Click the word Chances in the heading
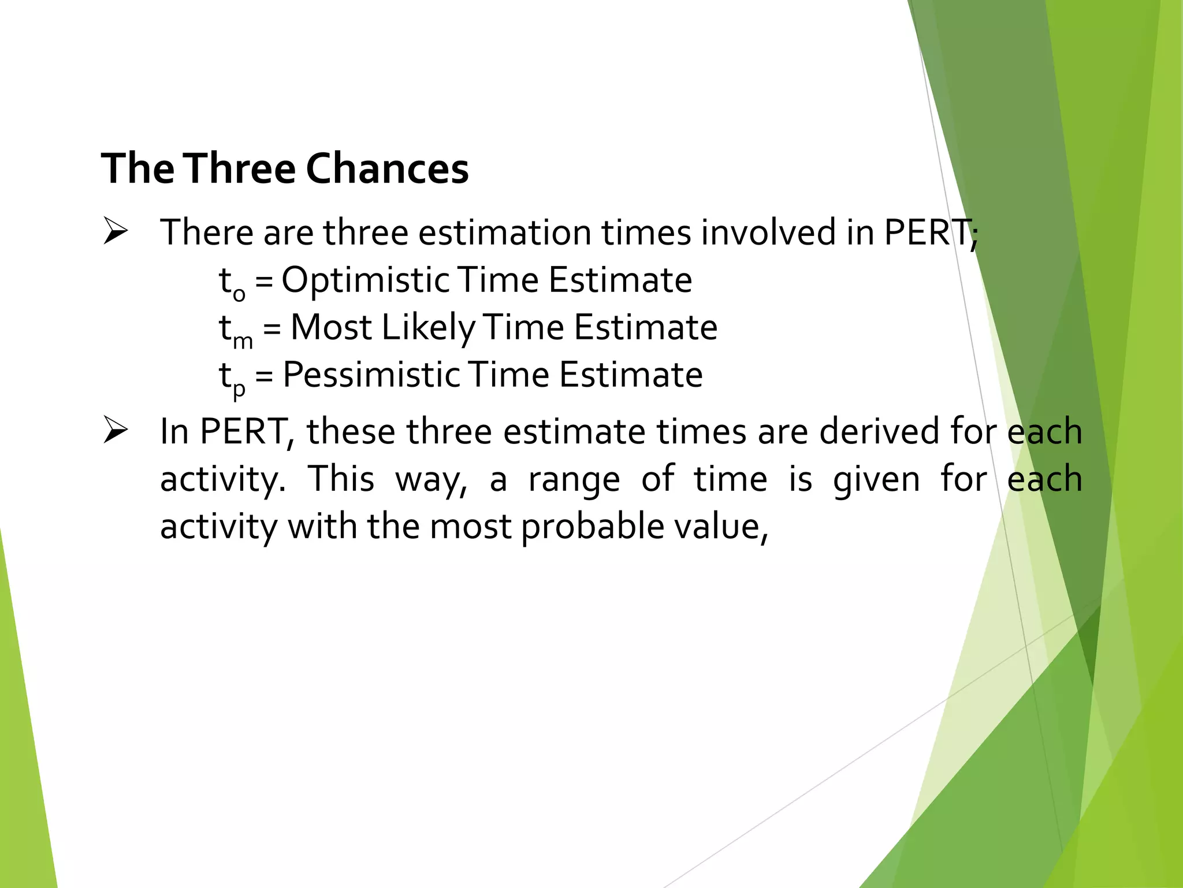tap(387, 169)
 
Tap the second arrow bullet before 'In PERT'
tap(115, 431)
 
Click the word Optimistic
tap(365, 281)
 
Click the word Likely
tap(427, 328)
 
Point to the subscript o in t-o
tap(239, 294)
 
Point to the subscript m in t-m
tap(243, 342)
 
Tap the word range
tap(574, 480)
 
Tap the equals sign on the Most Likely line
tap(271, 328)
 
